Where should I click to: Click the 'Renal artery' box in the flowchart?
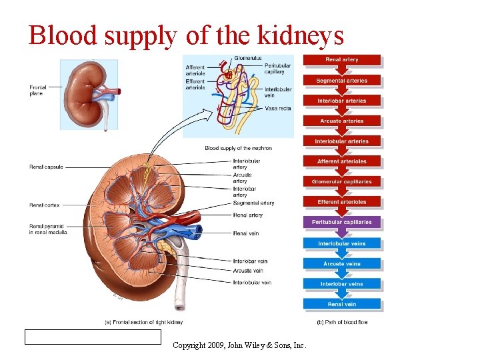[342, 60]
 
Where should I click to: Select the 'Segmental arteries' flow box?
[342, 81]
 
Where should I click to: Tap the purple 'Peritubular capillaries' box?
[342, 222]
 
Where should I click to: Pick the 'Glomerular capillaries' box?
[342, 181]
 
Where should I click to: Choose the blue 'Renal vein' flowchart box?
[342, 304]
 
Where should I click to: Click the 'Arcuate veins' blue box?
[342, 264]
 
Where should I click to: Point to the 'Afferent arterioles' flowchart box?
[342, 161]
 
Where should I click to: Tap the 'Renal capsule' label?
[46, 167]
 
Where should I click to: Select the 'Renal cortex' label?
[45, 205]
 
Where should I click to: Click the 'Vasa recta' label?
[277, 108]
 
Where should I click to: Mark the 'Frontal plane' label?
[37, 90]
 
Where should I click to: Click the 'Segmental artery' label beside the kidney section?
[253, 203]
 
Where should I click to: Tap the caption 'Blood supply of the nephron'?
[238, 148]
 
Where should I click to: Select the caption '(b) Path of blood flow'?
[342, 323]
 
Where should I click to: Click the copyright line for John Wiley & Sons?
[239, 345]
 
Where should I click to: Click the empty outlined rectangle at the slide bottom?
[93, 337]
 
